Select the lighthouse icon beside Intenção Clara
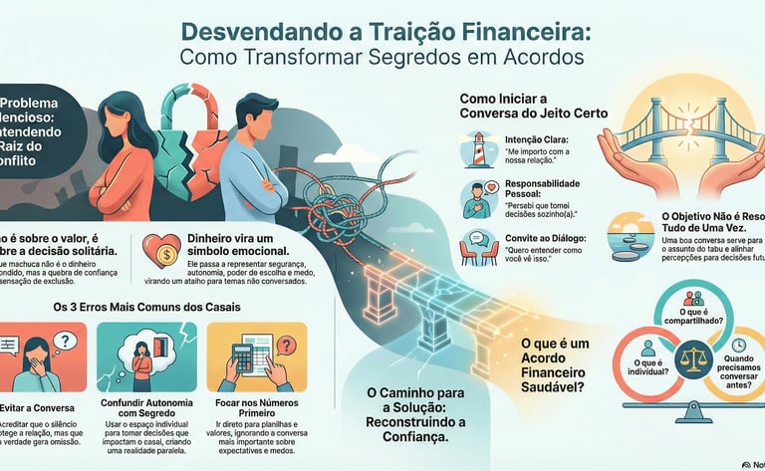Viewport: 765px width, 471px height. click(474, 149)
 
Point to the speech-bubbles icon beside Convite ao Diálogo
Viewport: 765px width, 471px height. click(474, 245)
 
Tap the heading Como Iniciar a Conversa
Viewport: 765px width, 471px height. click(518, 107)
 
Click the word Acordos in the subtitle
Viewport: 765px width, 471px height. click(535, 58)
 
